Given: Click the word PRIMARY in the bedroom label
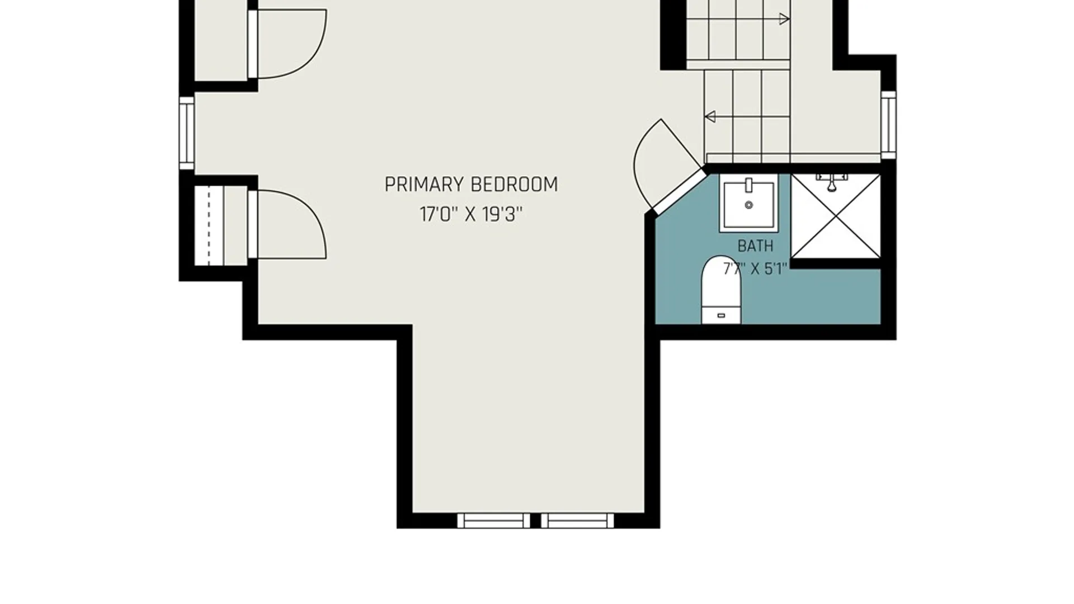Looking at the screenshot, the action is click(x=424, y=185).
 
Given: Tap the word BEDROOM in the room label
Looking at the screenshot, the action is click(x=514, y=185).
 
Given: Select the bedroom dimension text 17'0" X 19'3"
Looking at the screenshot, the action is click(x=471, y=214).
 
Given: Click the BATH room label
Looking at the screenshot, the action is click(x=755, y=246).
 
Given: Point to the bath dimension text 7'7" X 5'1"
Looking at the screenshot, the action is click(x=755, y=269).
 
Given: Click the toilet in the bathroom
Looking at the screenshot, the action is click(x=721, y=290).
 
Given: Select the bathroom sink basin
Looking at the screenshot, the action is click(x=748, y=202).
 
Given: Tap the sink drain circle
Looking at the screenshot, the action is click(x=748, y=205).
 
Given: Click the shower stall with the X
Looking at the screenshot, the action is click(x=836, y=216).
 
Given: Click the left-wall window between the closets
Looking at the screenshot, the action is click(x=187, y=133).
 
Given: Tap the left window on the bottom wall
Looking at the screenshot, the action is click(x=493, y=521).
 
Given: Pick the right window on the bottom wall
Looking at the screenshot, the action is click(x=577, y=521).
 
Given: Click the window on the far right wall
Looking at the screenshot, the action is click(x=888, y=125).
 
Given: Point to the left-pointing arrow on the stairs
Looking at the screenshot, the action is click(x=747, y=117).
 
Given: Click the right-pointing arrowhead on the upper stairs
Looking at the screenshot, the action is click(x=784, y=19).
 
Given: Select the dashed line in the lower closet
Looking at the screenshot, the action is click(x=209, y=225).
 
